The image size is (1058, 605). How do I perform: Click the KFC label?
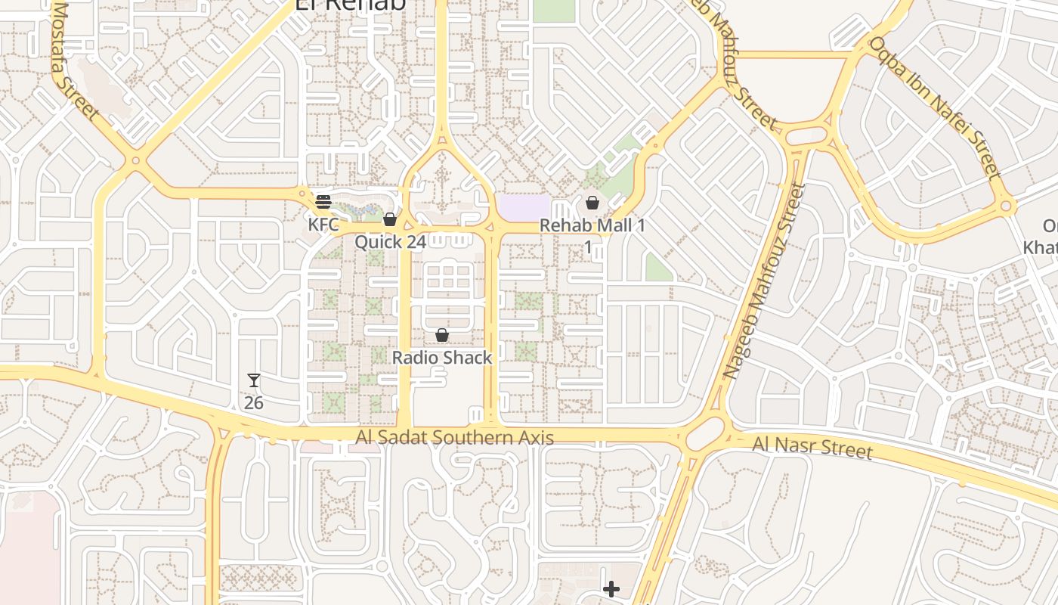click(x=323, y=225)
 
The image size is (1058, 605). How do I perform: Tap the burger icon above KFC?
click(x=323, y=202)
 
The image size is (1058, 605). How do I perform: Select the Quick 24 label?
click(x=390, y=242)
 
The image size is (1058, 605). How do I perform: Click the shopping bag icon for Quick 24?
click(x=390, y=219)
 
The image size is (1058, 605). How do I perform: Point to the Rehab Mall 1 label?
click(x=592, y=226)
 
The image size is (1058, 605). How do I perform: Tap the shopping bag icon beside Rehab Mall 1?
click(x=592, y=203)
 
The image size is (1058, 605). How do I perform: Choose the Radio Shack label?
click(x=442, y=358)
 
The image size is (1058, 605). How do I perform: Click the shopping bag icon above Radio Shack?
click(x=442, y=335)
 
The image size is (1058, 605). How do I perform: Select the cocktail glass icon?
click(x=254, y=380)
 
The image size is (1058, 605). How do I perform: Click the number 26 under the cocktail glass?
click(x=254, y=403)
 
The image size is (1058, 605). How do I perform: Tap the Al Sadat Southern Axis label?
click(x=455, y=438)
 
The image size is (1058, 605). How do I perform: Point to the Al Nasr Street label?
click(x=812, y=447)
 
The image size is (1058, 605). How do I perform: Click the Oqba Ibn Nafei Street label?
click(x=935, y=107)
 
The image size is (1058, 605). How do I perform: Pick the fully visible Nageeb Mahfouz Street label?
click(x=764, y=280)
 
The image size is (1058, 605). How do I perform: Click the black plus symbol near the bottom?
click(x=611, y=588)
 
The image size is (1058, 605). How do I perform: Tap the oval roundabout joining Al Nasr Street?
click(x=705, y=435)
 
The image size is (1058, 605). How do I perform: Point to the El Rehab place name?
click(x=350, y=4)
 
